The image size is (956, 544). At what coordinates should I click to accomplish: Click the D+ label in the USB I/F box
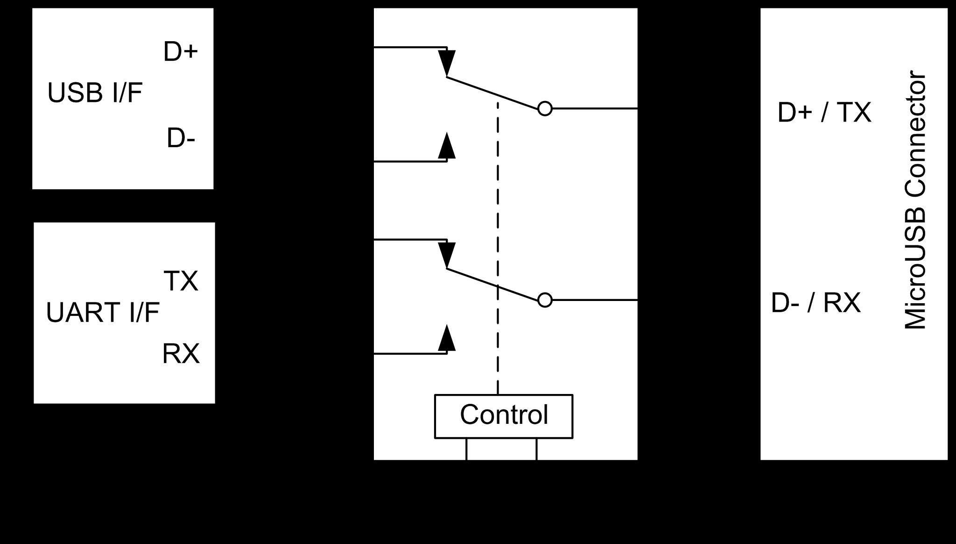pyautogui.click(x=181, y=51)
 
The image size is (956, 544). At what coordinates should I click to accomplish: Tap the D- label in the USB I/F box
pyautogui.click(x=181, y=139)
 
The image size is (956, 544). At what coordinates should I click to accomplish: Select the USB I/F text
pyautogui.click(x=95, y=93)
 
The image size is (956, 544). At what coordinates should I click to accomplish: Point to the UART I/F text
pyautogui.click(x=103, y=313)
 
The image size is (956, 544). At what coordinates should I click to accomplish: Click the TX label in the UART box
pyautogui.click(x=181, y=281)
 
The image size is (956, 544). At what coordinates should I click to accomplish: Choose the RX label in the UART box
pyautogui.click(x=181, y=354)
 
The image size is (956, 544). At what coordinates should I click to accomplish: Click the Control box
pyautogui.click(x=504, y=416)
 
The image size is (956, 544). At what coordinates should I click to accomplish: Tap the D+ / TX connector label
pyautogui.click(x=824, y=113)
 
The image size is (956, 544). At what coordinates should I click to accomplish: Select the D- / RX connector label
pyautogui.click(x=815, y=303)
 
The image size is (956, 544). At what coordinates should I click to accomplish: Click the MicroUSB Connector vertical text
pyautogui.click(x=915, y=201)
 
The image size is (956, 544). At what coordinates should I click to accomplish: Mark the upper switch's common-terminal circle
pyautogui.click(x=545, y=108)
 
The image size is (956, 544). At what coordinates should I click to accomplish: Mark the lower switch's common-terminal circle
pyautogui.click(x=545, y=300)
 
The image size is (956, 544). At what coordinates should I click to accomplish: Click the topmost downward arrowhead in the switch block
pyautogui.click(x=447, y=61)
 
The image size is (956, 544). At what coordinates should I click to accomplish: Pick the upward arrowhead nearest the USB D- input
pyautogui.click(x=447, y=147)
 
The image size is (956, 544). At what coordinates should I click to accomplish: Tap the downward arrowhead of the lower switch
pyautogui.click(x=447, y=253)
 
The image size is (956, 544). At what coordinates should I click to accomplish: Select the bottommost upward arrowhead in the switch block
pyautogui.click(x=447, y=338)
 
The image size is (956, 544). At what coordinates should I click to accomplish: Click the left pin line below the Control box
pyautogui.click(x=466, y=449)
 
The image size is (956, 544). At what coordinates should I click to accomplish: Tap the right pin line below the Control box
pyautogui.click(x=536, y=449)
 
